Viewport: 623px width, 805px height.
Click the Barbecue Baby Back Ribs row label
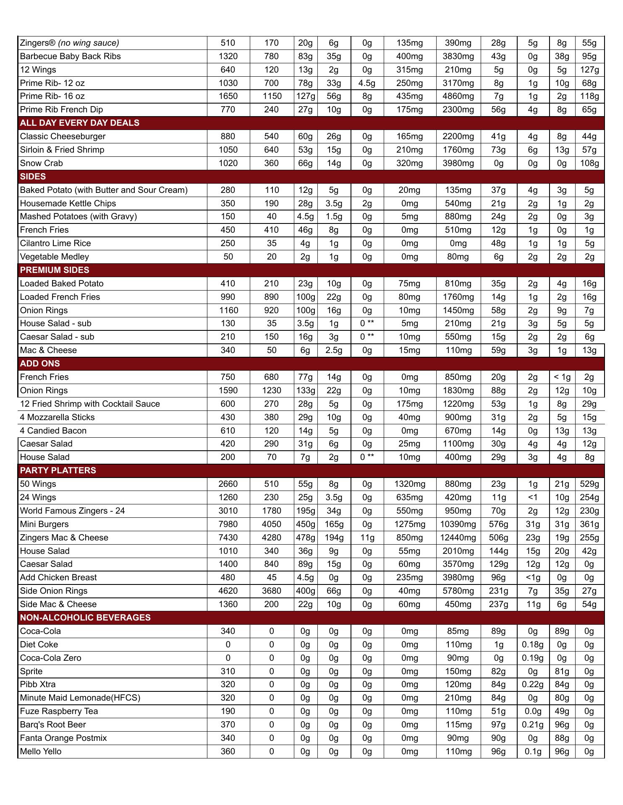[x=70, y=56]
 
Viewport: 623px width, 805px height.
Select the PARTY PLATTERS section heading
[x=58, y=470]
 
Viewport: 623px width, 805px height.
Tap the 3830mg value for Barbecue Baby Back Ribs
[x=458, y=56]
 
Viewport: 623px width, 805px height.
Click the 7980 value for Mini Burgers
[x=228, y=524]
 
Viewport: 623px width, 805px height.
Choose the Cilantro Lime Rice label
[x=55, y=243]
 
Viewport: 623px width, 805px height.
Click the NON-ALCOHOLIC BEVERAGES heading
[x=85, y=618]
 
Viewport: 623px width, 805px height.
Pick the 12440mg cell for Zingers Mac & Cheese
[x=458, y=538]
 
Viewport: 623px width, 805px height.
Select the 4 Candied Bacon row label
[x=53, y=431]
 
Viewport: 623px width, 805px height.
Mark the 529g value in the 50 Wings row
[x=589, y=484]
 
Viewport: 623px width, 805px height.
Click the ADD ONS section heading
[x=40, y=364]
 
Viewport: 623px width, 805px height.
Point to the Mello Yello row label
[x=41, y=751]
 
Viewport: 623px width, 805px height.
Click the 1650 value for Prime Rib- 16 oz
[x=228, y=96]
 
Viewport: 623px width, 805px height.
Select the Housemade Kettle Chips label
[x=68, y=203]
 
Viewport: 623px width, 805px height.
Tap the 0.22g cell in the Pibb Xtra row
[x=533, y=684]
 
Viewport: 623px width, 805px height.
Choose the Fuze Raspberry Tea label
[x=59, y=711]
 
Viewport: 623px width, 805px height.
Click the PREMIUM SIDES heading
[x=55, y=270]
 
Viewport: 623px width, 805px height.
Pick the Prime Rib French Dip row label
[x=61, y=109]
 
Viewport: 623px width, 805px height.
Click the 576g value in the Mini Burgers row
[x=498, y=524]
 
